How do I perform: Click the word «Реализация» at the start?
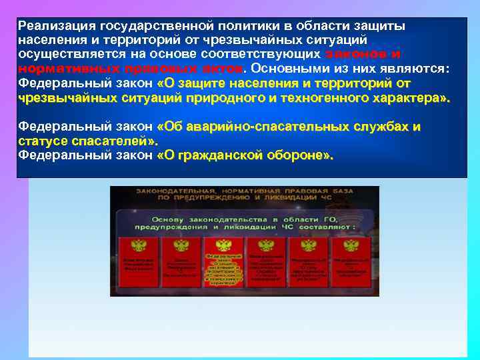[57, 26]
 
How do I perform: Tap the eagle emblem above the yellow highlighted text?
[223, 245]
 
